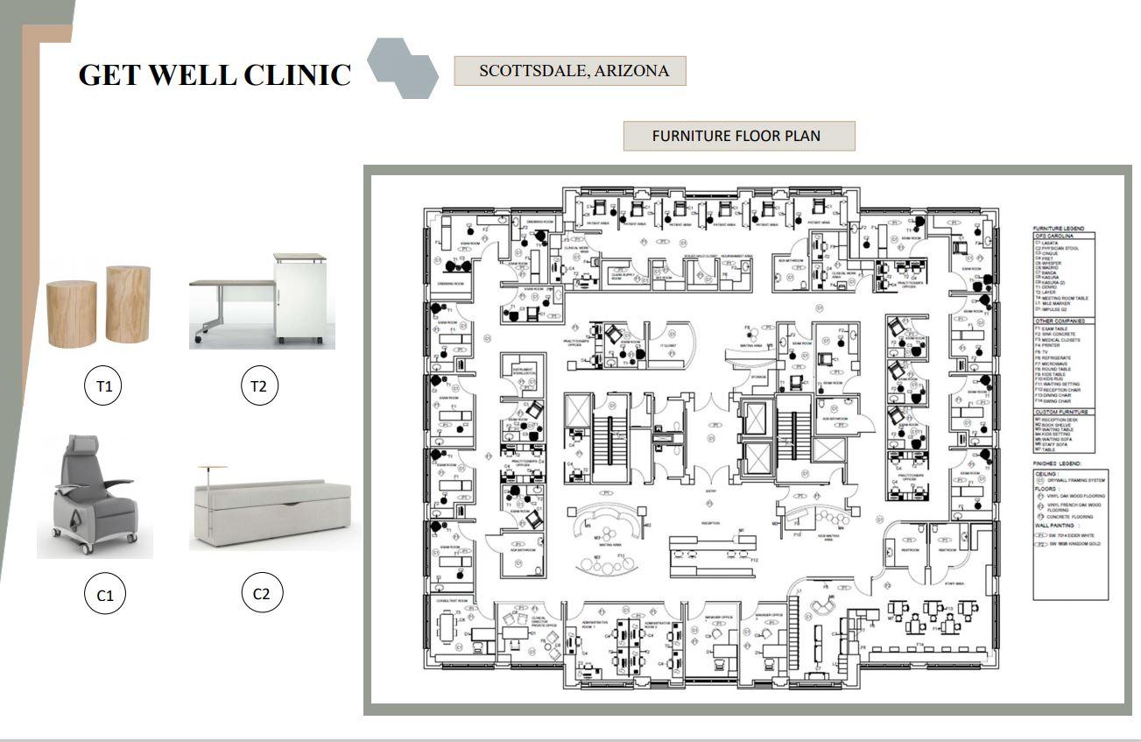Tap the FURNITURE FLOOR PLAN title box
(x=738, y=136)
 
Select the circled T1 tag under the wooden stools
(x=104, y=386)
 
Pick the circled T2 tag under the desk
(x=258, y=386)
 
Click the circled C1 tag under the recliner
(x=105, y=595)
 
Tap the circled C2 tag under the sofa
(x=261, y=594)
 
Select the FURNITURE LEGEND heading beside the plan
(x=1059, y=229)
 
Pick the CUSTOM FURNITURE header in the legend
(x=1061, y=412)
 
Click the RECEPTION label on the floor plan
(x=710, y=523)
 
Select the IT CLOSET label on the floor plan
(x=667, y=345)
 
